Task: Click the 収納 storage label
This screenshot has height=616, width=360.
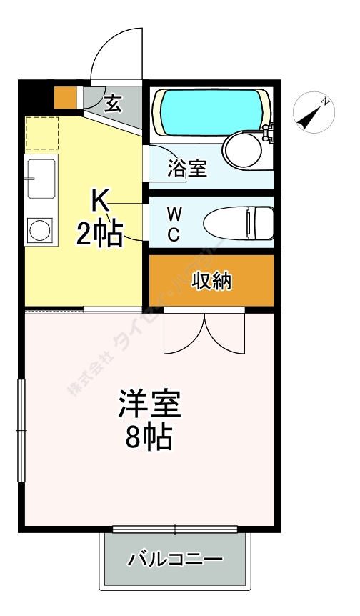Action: point(212,281)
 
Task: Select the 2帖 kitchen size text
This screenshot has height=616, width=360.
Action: point(101,233)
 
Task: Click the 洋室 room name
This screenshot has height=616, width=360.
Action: point(149,405)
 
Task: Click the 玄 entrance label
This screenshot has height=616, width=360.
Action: point(113,105)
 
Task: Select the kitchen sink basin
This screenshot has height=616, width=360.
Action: point(41,178)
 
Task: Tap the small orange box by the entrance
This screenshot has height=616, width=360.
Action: point(65,96)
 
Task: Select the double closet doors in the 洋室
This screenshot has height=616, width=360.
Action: point(204,333)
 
